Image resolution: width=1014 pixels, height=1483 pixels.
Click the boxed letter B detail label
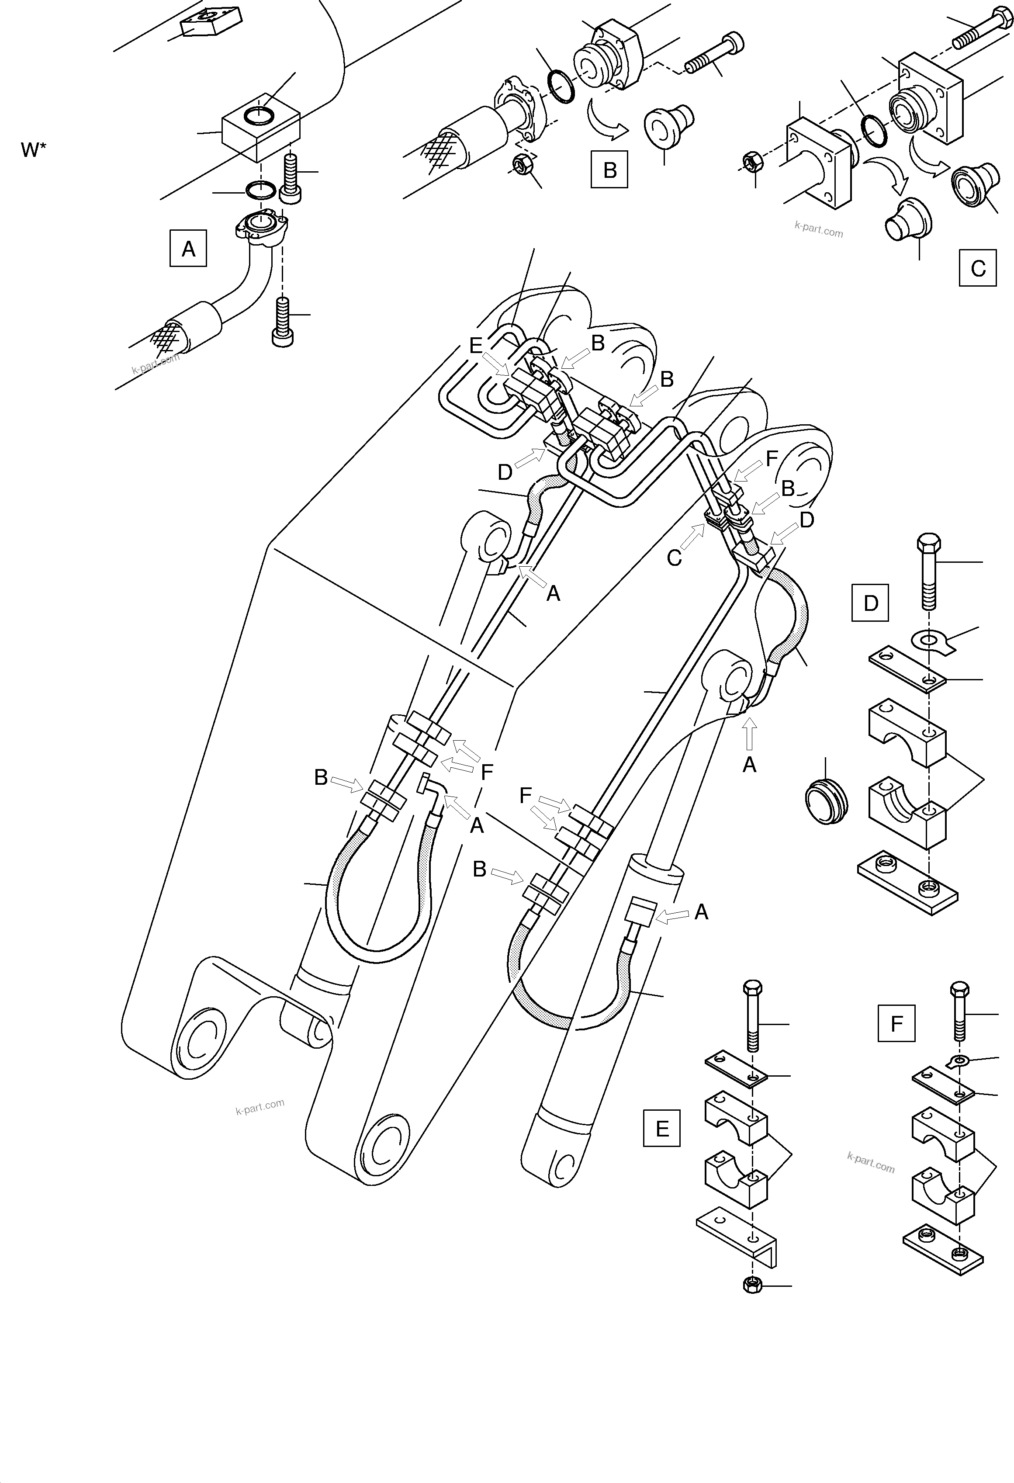click(x=609, y=170)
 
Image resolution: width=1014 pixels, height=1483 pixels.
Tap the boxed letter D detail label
click(x=870, y=603)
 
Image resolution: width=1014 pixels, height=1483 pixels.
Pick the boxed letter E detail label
click(x=662, y=1128)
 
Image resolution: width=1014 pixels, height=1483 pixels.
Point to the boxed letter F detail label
click(x=896, y=1024)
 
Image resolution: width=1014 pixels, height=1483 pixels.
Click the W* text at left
click(x=34, y=151)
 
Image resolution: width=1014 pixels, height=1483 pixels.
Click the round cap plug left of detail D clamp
click(x=826, y=801)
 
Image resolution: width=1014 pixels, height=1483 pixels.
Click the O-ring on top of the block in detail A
click(x=260, y=117)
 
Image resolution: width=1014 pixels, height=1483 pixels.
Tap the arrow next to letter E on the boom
click(x=496, y=364)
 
